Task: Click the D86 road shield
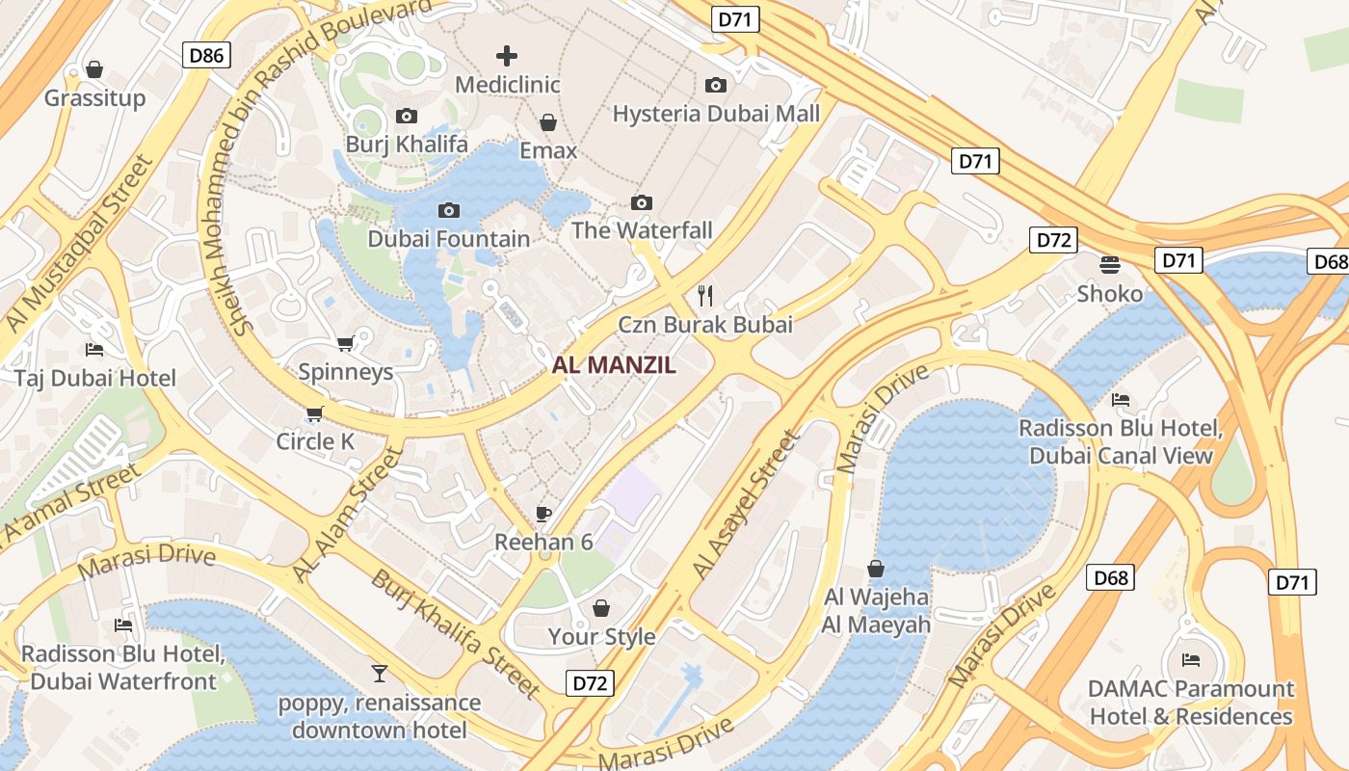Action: coord(206,55)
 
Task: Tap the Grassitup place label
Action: coord(94,98)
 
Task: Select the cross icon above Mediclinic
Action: coord(507,56)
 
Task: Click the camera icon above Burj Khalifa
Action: coord(407,117)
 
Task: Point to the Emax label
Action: coord(548,150)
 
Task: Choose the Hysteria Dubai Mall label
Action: coord(716,114)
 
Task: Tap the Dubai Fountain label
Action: coord(449,239)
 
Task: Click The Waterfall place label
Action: coord(642,230)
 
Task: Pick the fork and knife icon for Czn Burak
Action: coord(705,295)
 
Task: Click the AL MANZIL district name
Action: coord(614,365)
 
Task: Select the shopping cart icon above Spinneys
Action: coord(345,344)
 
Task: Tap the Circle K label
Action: coord(315,441)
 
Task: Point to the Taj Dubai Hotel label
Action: coord(94,378)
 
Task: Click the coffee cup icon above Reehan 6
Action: coord(543,514)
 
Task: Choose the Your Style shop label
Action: coord(601,636)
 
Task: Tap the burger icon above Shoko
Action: coord(1110,265)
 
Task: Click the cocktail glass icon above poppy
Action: coord(380,674)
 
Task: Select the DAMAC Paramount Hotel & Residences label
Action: coord(1191,703)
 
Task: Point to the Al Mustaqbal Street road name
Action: coord(79,247)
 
